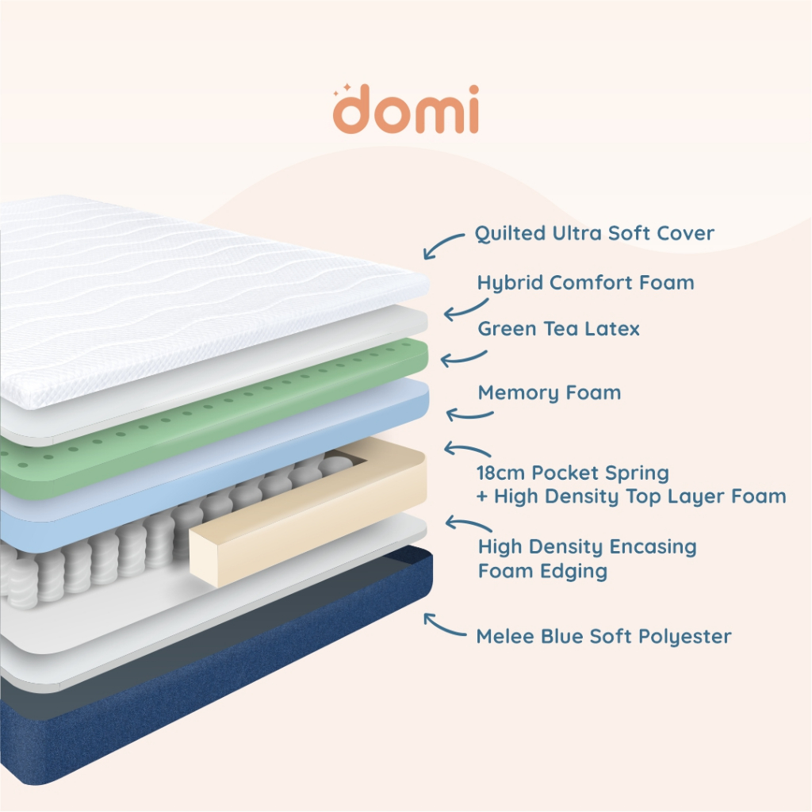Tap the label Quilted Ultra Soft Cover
click(x=594, y=233)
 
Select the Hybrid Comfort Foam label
click(x=585, y=282)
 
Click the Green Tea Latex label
click(x=558, y=328)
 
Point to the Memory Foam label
click(x=549, y=393)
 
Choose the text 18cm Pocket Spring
click(x=573, y=473)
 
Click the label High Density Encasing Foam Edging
click(x=587, y=558)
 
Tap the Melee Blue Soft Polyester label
click(x=603, y=636)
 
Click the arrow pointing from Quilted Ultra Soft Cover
click(x=444, y=243)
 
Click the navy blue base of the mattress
click(x=198, y=714)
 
